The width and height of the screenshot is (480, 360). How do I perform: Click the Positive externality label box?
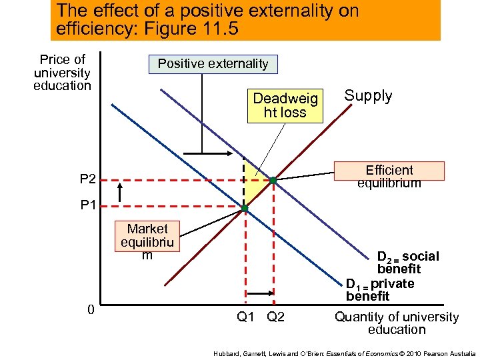pos(213,64)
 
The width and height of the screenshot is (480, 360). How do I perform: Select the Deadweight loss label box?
pos(284,105)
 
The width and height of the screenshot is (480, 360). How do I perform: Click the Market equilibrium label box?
pos(147,242)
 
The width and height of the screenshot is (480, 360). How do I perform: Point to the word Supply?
pos(368,95)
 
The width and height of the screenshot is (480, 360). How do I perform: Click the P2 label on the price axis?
pos(88,179)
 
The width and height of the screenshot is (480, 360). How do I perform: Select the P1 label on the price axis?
pos(88,205)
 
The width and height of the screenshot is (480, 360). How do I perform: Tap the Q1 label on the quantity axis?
pos(246,316)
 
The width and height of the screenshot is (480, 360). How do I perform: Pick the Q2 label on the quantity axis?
pos(275,316)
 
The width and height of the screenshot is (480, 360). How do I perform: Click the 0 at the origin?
pos(90,309)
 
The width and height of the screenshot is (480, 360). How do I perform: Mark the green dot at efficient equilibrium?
pos(273,180)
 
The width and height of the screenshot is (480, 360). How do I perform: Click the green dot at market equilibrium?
pos(245,209)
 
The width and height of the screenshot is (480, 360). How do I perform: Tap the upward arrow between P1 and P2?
pos(119,193)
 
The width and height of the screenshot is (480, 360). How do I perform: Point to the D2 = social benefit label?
pos(407,263)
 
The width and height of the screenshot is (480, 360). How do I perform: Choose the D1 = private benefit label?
pos(380,289)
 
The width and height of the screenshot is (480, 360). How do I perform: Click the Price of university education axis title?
pos(62,73)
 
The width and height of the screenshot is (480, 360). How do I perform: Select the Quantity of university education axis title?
pos(397,323)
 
